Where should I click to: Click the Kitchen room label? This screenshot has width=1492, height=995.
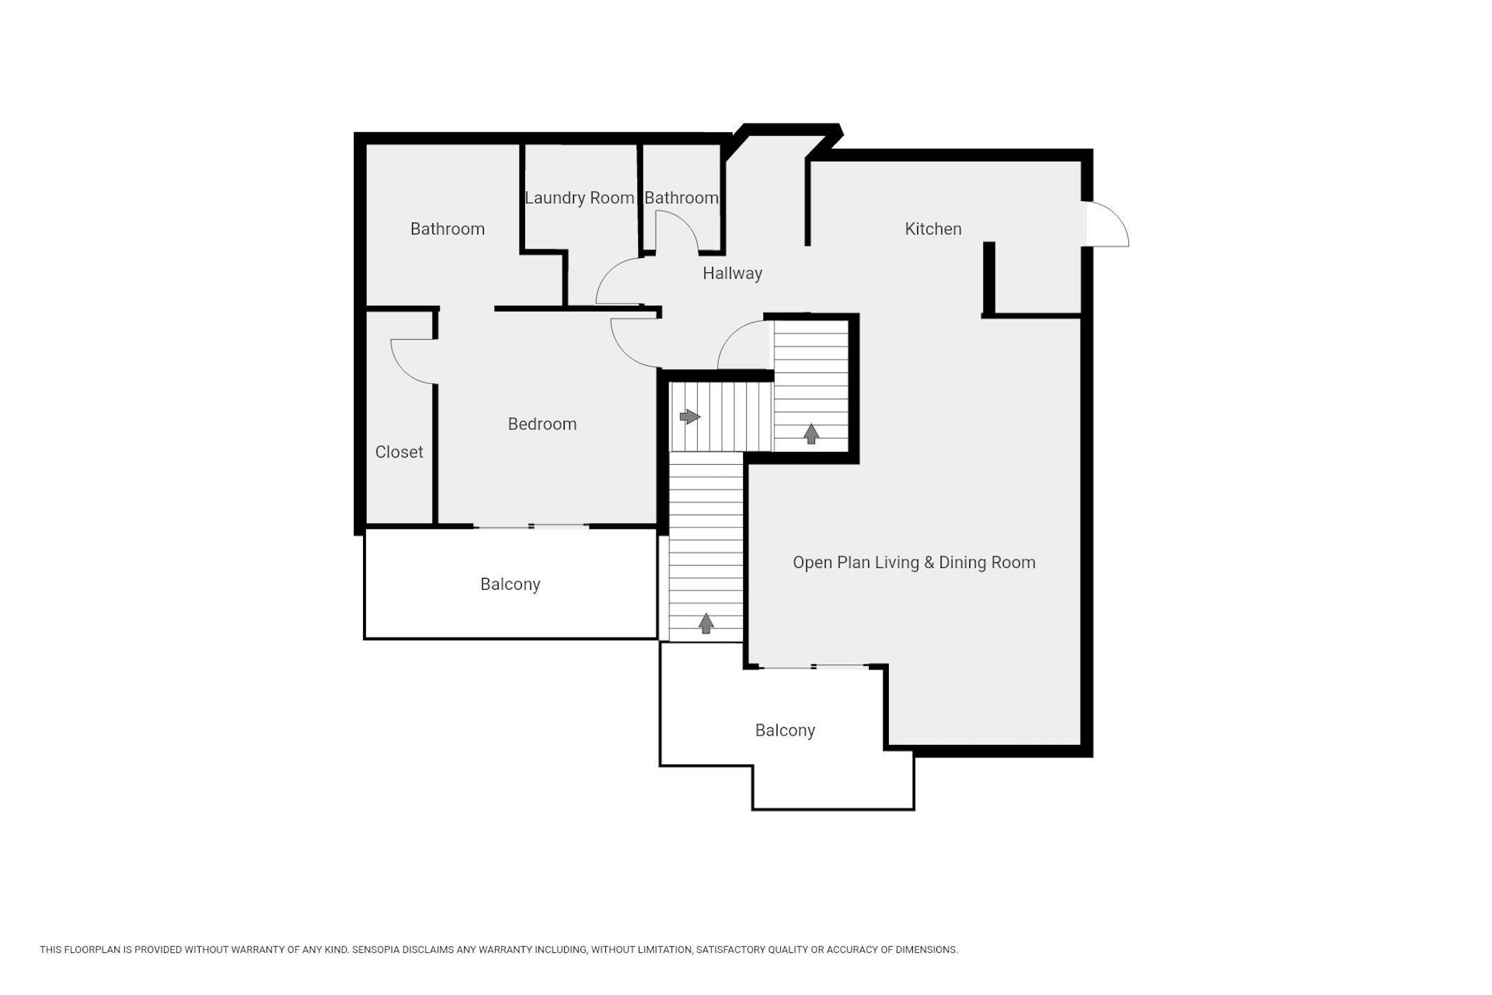pyautogui.click(x=933, y=229)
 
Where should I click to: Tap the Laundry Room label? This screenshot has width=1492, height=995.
pyautogui.click(x=580, y=198)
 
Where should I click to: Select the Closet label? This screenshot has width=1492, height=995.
pyautogui.click(x=399, y=452)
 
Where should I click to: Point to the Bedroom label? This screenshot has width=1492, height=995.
pyautogui.click(x=542, y=424)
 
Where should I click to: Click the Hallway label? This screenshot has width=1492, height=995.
pyautogui.click(x=733, y=274)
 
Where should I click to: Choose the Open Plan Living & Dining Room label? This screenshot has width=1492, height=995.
pyautogui.click(x=914, y=563)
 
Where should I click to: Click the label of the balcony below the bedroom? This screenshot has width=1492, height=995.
pyautogui.click(x=510, y=584)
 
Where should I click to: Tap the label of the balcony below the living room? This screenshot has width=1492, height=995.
pyautogui.click(x=785, y=731)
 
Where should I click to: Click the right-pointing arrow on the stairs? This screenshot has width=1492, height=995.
pyautogui.click(x=690, y=416)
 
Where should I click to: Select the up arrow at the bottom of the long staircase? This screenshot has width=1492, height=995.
pyautogui.click(x=706, y=623)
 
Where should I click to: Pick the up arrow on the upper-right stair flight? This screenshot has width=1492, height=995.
pyautogui.click(x=811, y=434)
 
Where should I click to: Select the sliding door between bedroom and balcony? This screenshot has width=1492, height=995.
pyautogui.click(x=531, y=527)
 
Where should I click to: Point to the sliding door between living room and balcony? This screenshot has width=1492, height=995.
pyautogui.click(x=814, y=667)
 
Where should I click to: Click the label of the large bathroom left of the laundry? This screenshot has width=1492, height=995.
pyautogui.click(x=448, y=229)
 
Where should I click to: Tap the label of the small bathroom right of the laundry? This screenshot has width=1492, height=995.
pyautogui.click(x=681, y=198)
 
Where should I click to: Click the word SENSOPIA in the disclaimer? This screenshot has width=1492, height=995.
pyautogui.click(x=380, y=950)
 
